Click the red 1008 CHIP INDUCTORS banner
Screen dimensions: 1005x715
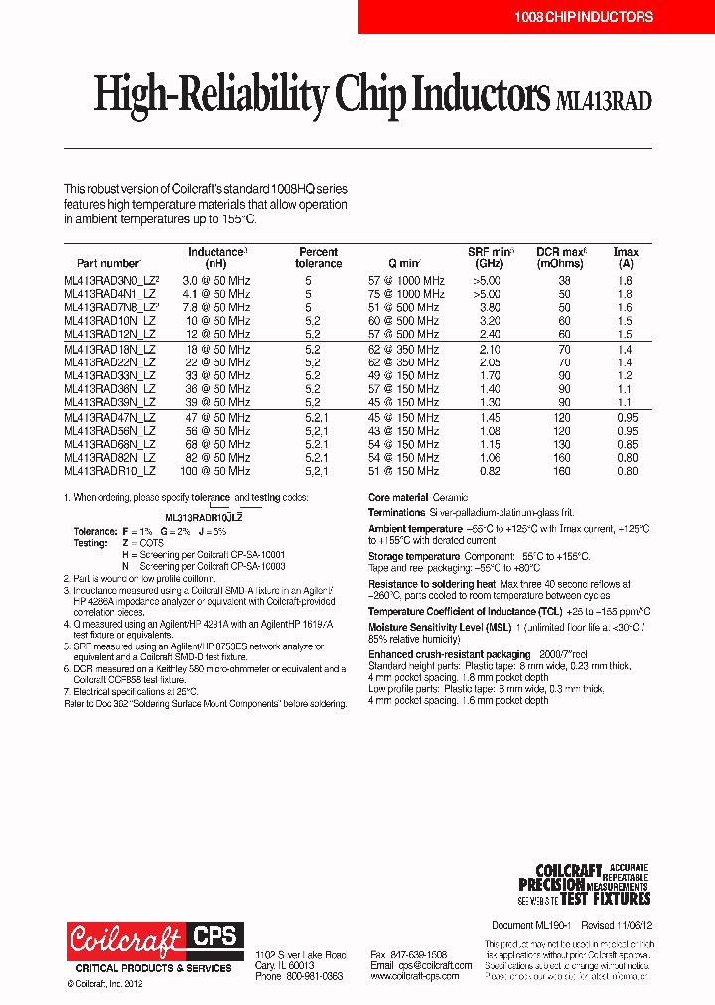[x=583, y=17]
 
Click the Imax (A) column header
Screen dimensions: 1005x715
[x=626, y=258]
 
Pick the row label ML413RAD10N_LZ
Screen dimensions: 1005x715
[x=109, y=322]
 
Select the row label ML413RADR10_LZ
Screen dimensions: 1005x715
[x=109, y=471]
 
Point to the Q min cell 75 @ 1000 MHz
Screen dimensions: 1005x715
[x=406, y=295]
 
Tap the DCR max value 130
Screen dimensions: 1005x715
[x=563, y=444]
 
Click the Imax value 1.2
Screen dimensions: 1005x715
[x=624, y=376]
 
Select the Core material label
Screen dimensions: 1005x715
[x=398, y=497]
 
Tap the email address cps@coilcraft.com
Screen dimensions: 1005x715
[x=420, y=965]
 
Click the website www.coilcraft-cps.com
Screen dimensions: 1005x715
[x=414, y=977]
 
